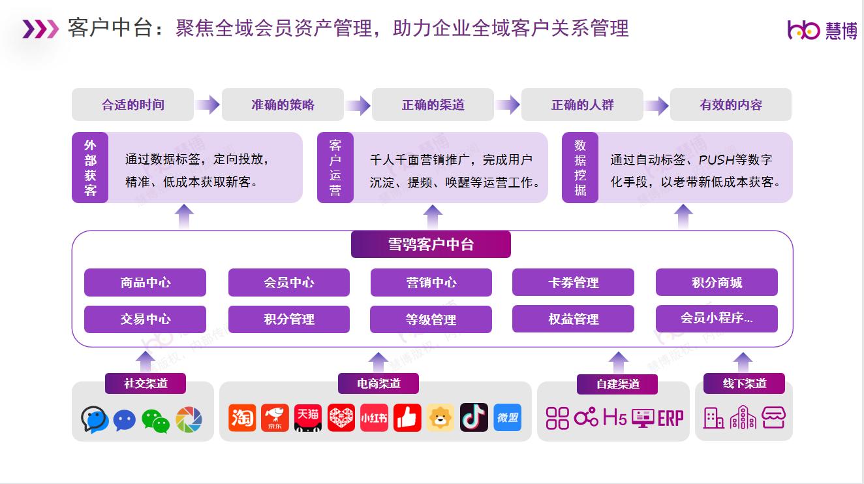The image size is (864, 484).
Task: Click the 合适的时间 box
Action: click(x=132, y=105)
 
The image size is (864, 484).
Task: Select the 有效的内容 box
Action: click(x=730, y=105)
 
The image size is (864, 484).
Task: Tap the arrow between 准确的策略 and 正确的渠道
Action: click(x=358, y=105)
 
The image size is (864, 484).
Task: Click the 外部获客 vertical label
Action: click(x=90, y=167)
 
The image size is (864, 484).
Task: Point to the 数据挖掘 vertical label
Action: click(x=579, y=167)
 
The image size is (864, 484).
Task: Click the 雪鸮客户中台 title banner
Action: click(x=431, y=244)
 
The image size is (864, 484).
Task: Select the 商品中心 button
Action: click(x=145, y=283)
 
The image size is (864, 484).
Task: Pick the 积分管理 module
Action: click(x=289, y=319)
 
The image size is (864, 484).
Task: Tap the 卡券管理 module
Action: click(x=573, y=282)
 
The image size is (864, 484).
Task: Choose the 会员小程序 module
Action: click(x=717, y=319)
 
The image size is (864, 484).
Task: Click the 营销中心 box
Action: click(x=431, y=283)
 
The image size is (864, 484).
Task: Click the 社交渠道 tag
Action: click(x=146, y=383)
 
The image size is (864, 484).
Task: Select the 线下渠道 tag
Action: click(x=744, y=383)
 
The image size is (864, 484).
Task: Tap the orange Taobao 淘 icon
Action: click(x=242, y=417)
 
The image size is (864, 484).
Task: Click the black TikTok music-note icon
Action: click(x=474, y=417)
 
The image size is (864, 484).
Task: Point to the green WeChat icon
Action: click(x=155, y=421)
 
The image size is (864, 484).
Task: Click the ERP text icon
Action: click(x=671, y=419)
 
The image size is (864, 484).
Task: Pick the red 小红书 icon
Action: click(x=374, y=417)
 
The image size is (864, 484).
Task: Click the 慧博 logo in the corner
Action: click(x=822, y=30)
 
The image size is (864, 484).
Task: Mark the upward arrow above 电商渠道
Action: click(x=378, y=363)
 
